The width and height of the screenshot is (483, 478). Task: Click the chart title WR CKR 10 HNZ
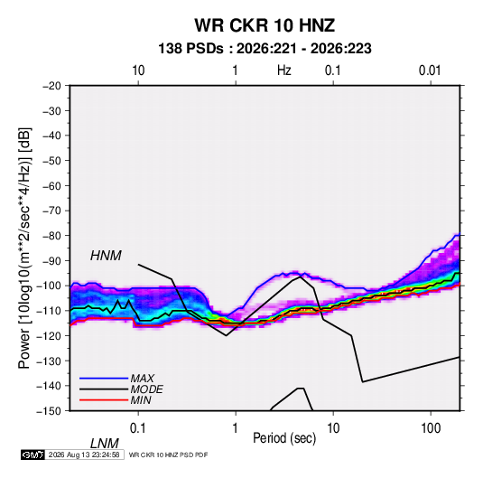point(265,25)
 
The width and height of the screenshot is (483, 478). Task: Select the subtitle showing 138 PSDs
point(265,49)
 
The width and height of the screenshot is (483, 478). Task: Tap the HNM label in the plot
point(106,256)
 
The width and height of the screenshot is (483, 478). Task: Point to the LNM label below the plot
point(104,444)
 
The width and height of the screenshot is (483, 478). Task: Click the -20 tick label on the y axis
point(51,86)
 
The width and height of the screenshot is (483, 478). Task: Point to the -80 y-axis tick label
point(51,236)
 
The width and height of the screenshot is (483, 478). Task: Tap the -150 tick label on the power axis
point(50,411)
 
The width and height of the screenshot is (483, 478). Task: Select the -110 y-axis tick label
point(50,311)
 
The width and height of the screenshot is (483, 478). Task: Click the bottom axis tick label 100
point(431,428)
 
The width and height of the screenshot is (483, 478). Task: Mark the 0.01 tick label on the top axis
point(430,70)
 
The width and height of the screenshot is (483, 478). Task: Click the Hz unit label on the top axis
point(284,70)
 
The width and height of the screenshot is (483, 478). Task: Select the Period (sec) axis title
point(284,438)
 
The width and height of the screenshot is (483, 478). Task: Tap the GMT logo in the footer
point(33,455)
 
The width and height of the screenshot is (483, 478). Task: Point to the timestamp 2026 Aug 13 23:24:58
point(84,455)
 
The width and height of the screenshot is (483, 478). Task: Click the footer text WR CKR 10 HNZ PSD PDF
point(168,455)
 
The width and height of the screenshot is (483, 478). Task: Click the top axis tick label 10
point(138,70)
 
